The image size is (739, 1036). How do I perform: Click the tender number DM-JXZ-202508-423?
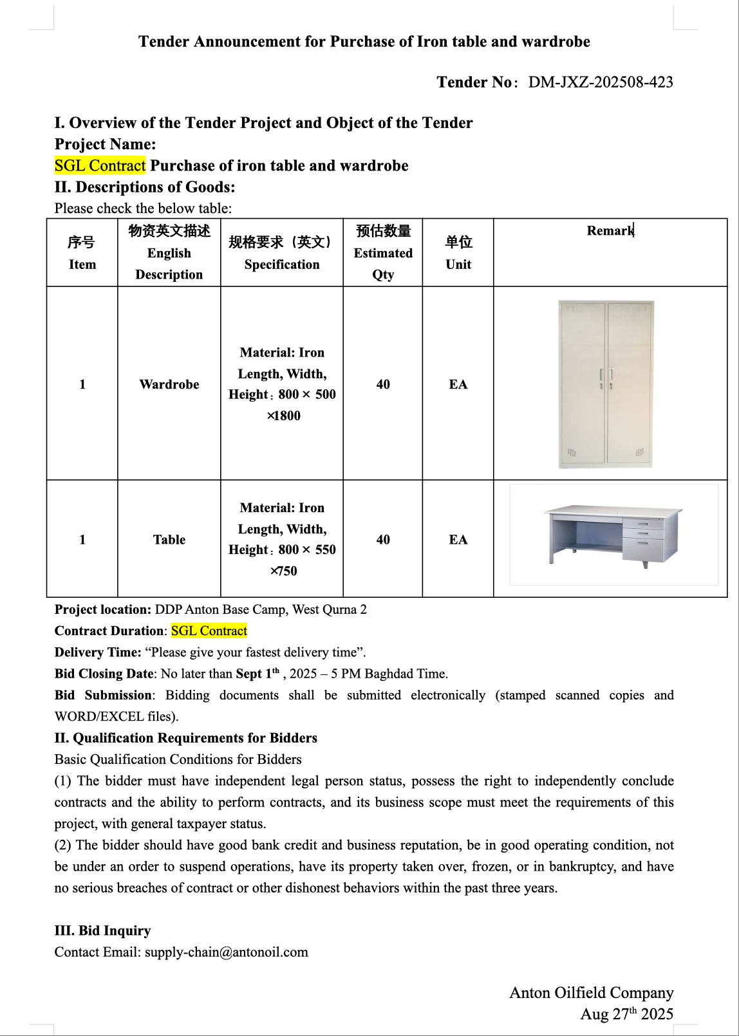pyautogui.click(x=600, y=82)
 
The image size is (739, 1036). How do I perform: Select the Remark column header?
pyautogui.click(x=610, y=231)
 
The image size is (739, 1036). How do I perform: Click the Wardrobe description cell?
pyautogui.click(x=169, y=384)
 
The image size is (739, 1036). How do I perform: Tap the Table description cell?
pyautogui.click(x=169, y=540)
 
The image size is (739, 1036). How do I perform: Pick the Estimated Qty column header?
pyautogui.click(x=383, y=253)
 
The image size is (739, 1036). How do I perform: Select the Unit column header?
pyautogui.click(x=458, y=253)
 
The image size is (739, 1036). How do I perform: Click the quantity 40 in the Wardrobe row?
pyautogui.click(x=383, y=384)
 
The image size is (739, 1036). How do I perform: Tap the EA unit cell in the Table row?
pyautogui.click(x=458, y=540)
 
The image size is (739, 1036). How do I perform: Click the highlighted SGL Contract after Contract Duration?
pyautogui.click(x=209, y=631)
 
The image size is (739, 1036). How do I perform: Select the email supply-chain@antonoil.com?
pyautogui.click(x=226, y=952)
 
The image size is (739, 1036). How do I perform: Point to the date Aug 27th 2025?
pyautogui.click(x=626, y=1014)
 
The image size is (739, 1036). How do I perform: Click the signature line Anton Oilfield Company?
pyautogui.click(x=591, y=993)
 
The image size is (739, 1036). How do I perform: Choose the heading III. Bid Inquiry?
pyautogui.click(x=102, y=931)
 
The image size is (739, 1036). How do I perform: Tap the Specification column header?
pyautogui.click(x=282, y=253)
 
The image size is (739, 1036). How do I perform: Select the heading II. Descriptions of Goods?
pyautogui.click(x=145, y=187)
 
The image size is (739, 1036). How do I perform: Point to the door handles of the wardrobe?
pyautogui.click(x=606, y=375)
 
